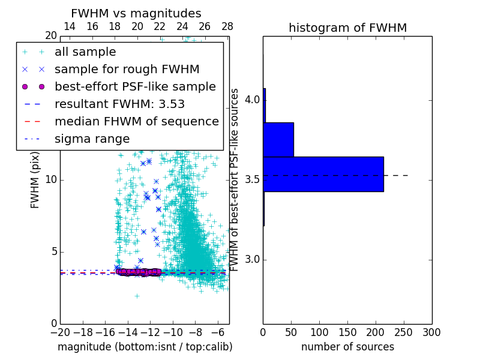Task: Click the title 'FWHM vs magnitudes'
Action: point(136,14)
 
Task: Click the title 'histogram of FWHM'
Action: point(347,28)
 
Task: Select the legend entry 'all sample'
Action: point(85,52)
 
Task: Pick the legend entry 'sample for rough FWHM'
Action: point(127,70)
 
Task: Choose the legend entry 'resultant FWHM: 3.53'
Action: point(119,104)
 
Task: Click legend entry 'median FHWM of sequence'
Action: point(136,122)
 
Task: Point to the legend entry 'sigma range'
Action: point(92,139)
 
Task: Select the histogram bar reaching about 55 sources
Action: point(278,139)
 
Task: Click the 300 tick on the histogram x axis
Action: point(431,332)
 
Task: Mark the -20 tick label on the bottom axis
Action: point(60,332)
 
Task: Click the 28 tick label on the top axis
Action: point(227,26)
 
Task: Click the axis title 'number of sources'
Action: point(347,347)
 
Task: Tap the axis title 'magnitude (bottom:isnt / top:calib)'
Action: point(145,347)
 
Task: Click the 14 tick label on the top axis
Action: point(70,26)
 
